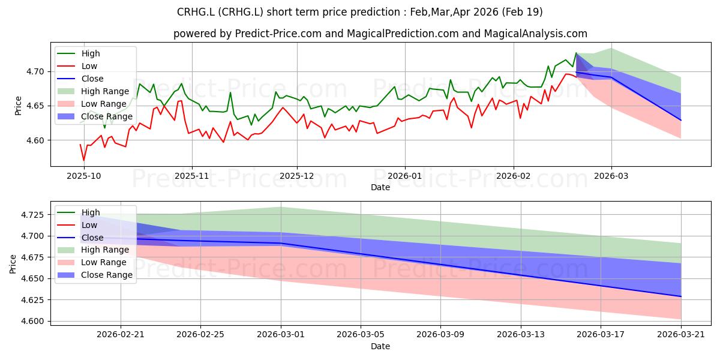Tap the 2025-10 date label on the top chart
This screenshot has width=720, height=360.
83,176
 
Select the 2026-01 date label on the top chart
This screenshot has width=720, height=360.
404,176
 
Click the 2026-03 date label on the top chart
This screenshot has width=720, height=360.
611,176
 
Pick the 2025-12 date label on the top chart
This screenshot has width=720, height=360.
296,176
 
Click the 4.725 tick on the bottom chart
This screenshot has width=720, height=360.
32,215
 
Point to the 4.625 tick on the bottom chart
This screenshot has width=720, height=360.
32,300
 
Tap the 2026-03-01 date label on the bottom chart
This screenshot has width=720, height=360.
281,335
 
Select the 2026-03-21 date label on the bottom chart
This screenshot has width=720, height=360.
681,335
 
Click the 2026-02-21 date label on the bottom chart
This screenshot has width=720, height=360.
121,335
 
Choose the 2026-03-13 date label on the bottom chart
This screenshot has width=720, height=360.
521,335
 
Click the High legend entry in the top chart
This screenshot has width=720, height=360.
91,53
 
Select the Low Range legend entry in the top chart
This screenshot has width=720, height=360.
103,104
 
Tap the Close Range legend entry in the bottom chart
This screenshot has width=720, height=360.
107,275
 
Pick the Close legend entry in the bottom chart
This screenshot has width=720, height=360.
92,238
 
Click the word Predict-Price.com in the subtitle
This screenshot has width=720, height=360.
278,34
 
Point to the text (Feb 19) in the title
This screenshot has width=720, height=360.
523,12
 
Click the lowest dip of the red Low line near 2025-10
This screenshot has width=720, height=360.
84,160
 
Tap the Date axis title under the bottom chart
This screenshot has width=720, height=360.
380,347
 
